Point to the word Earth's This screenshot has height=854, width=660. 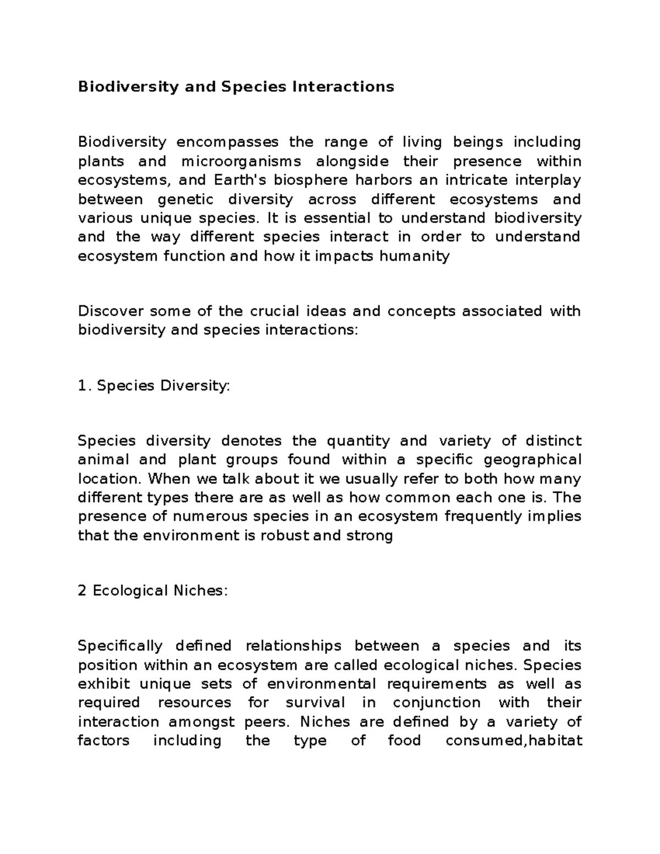coord(238,180)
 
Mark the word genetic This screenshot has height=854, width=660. coord(189,200)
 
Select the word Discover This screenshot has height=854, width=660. coord(110,311)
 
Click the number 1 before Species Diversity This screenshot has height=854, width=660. coord(82,387)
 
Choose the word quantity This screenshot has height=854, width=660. coord(358,441)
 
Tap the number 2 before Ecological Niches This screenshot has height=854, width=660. coord(82,591)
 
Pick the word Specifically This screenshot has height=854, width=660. coord(120,646)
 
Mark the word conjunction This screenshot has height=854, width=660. coord(437,703)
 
